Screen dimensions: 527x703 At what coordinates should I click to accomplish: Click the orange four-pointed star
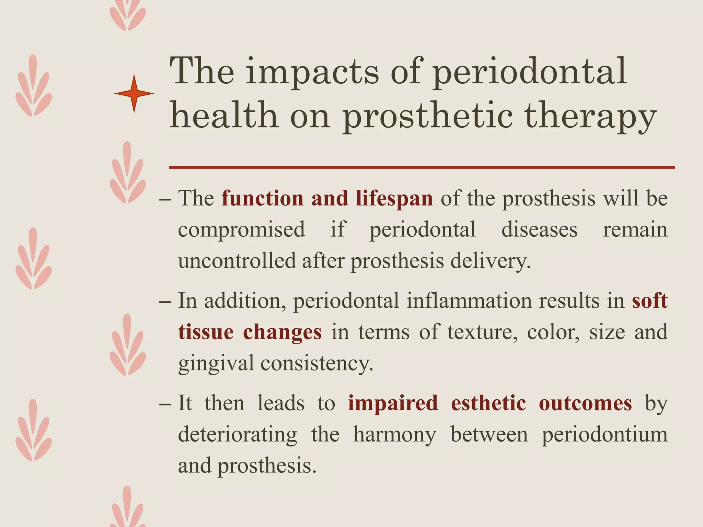coord(134,93)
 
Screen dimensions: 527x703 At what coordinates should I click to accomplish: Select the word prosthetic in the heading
coord(427,117)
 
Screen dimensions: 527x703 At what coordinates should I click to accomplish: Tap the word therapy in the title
coord(590,117)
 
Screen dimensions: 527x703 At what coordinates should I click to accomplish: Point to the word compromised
coord(241,230)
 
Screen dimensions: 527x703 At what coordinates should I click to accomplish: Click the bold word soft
coord(649,301)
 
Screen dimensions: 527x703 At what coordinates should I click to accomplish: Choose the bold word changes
coord(282,332)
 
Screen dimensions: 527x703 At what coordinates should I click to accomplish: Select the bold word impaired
coord(393,403)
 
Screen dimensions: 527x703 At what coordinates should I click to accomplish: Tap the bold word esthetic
coord(488,403)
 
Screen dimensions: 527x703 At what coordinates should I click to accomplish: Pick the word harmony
coord(395,435)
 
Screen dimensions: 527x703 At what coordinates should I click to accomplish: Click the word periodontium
coord(604,435)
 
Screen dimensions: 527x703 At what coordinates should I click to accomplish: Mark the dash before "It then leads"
coord(165,404)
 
